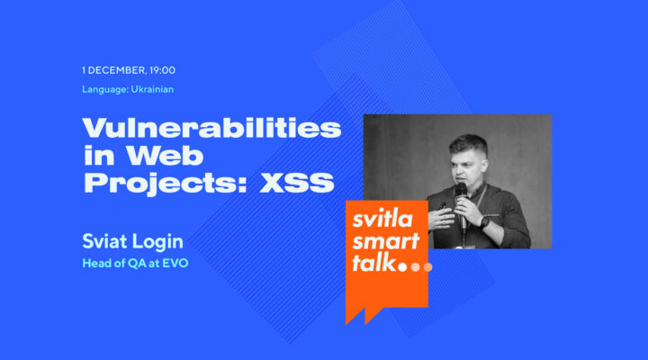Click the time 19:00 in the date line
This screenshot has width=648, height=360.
click(162, 70)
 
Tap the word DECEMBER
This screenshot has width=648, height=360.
click(116, 70)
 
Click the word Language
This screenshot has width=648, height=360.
click(103, 89)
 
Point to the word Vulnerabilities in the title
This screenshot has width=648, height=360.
click(212, 127)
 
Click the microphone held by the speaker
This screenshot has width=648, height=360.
click(461, 194)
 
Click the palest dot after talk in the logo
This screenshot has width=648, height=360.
click(427, 267)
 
